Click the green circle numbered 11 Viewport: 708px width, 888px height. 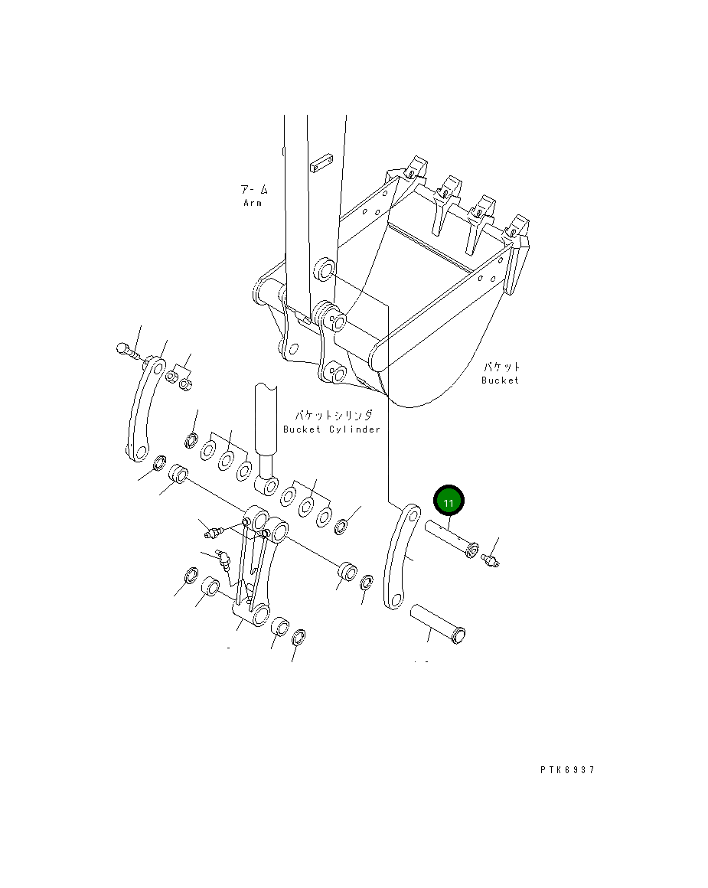(449, 501)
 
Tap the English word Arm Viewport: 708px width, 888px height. (253, 203)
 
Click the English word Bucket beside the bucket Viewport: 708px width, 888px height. (500, 380)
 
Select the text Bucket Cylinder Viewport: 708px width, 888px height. (331, 429)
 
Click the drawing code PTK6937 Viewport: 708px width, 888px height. (566, 770)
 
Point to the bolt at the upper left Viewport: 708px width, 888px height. (129, 351)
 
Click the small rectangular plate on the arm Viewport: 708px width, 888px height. (319, 164)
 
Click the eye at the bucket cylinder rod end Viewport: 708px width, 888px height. (265, 485)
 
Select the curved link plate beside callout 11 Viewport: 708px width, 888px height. (401, 557)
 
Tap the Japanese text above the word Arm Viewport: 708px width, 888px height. (253, 188)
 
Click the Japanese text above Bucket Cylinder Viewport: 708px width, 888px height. (334, 415)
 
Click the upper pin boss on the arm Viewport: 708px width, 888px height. (325, 269)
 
